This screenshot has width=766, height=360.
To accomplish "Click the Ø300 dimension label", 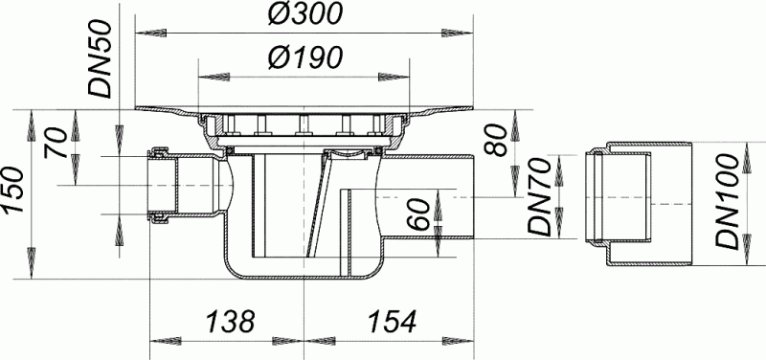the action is tap(304, 15).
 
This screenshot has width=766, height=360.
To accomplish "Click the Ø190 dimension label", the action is tap(304, 58).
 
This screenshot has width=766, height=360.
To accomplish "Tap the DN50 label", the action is tap(101, 59).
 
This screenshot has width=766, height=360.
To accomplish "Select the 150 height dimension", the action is tap(14, 190).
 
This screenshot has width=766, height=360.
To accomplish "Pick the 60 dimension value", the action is tap(420, 215).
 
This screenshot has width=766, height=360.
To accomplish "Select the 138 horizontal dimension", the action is tap(230, 322).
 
